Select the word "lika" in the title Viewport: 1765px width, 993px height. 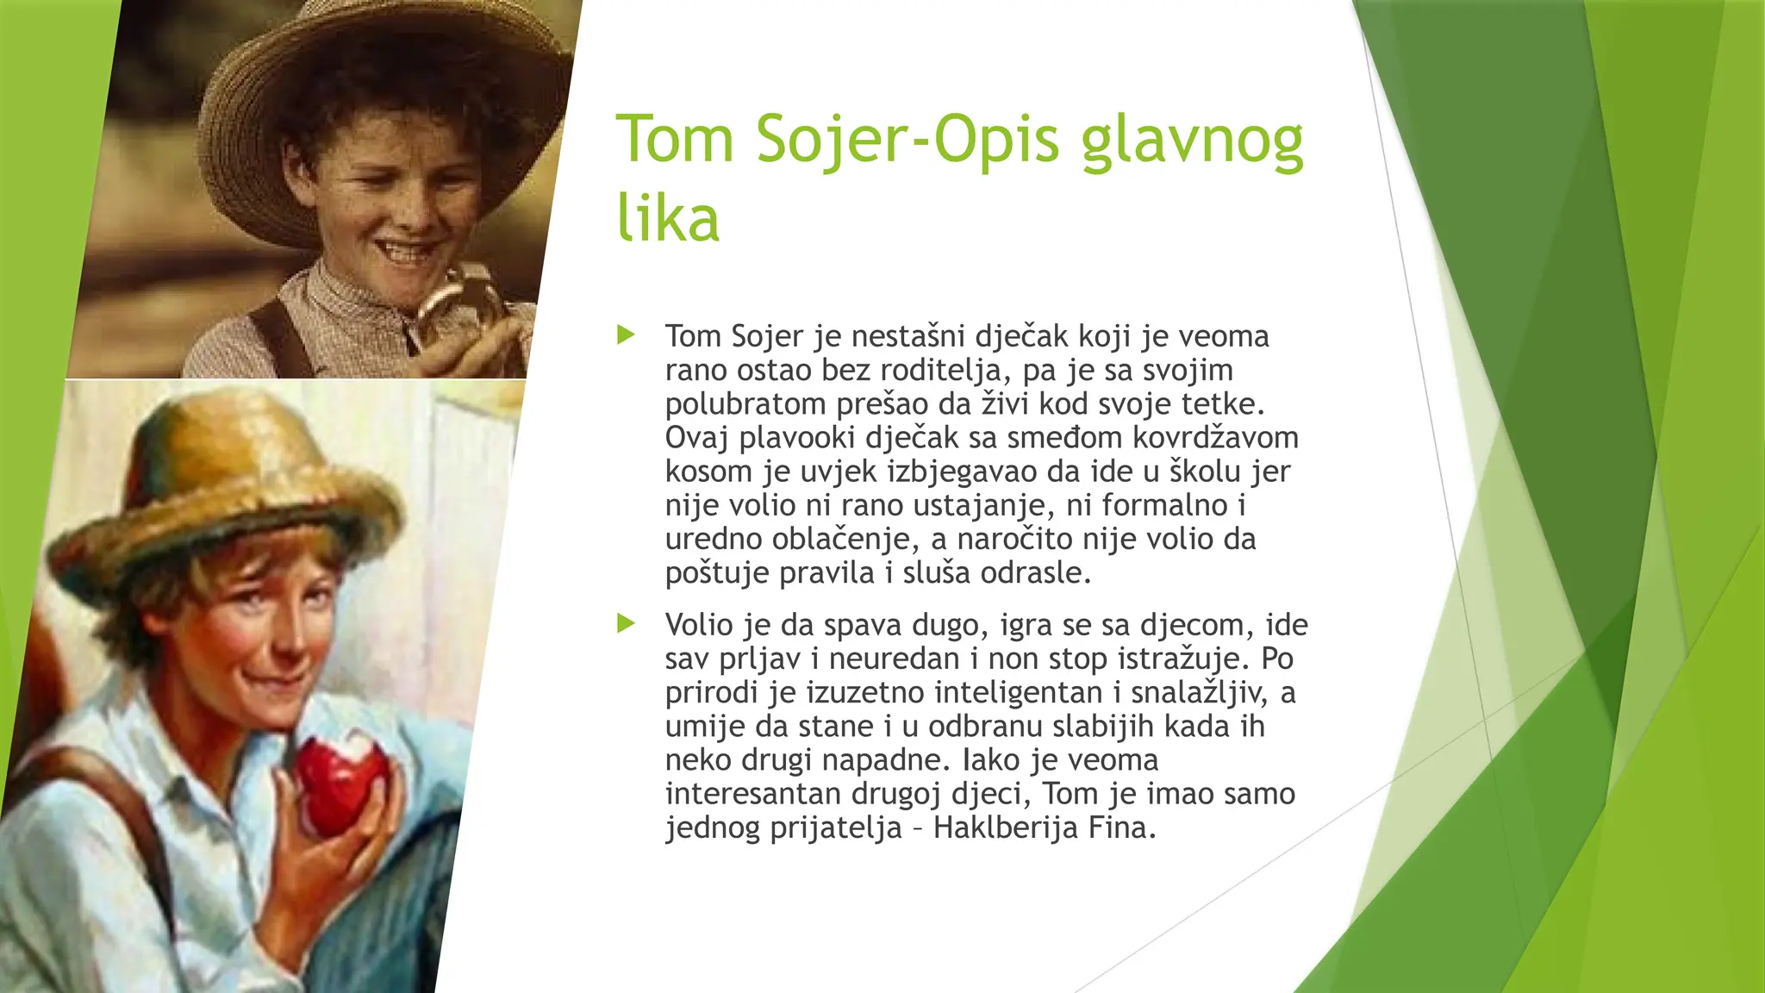(x=668, y=218)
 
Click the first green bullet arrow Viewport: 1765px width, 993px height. (x=627, y=334)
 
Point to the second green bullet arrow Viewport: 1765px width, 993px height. (x=627, y=623)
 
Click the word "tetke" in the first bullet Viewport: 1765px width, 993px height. (x=1222, y=404)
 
